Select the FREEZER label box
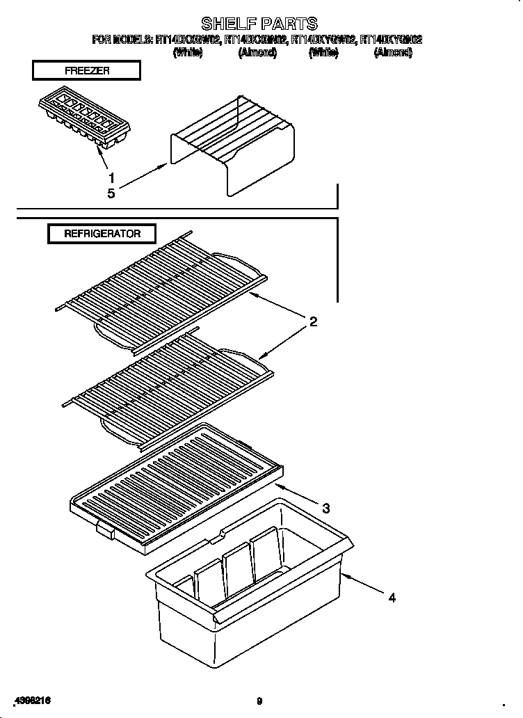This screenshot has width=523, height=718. pos(86,71)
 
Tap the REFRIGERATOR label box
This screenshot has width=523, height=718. pos(102,234)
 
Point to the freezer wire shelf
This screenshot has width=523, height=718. pos(233,146)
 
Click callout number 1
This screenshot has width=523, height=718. pos(111,177)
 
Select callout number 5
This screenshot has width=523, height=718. pos(111,193)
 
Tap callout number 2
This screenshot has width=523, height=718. pos(313,321)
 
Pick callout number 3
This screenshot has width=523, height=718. pos(325,508)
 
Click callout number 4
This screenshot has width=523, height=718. pos(392,597)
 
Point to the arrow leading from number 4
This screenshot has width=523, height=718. pos(362,583)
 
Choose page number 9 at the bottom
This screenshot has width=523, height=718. pos(259,701)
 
